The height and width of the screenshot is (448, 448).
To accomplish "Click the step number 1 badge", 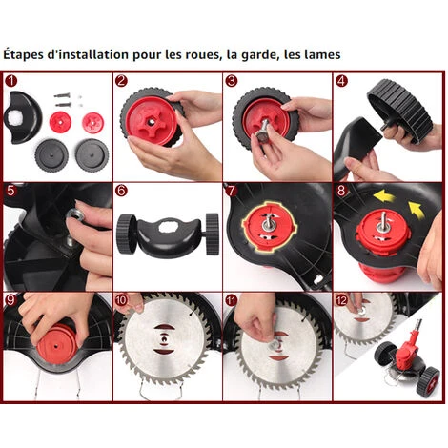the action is click(11, 81).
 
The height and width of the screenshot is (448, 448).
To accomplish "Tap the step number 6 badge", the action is click(121, 191).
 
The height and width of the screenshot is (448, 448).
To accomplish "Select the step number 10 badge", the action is click(121, 300).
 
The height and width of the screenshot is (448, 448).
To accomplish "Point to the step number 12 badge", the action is click(341, 300).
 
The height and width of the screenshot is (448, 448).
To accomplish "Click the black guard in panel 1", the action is click(23, 117).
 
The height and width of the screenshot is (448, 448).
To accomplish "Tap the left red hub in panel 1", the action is click(60, 122).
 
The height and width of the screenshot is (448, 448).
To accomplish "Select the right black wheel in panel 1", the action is click(92, 155).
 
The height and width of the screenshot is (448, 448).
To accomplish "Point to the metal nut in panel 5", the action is click(74, 215).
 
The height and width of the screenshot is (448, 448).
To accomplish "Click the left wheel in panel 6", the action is click(127, 234).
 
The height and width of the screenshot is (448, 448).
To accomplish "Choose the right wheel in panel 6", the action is click(212, 234).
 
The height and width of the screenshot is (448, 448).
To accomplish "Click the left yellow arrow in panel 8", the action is click(384, 196).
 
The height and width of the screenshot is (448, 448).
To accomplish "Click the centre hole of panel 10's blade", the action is click(164, 339).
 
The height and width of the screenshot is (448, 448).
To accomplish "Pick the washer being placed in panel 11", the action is click(275, 345).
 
